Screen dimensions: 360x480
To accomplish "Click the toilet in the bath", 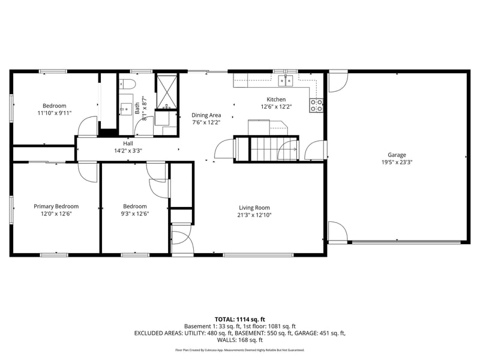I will (130, 83).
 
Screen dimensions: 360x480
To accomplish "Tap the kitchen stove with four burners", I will (316, 106).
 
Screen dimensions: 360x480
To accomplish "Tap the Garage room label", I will (397, 154).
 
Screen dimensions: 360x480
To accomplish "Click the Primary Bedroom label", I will (56, 206).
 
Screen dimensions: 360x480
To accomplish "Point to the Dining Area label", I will (206, 115).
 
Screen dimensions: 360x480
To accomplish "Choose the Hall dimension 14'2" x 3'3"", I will (128, 151).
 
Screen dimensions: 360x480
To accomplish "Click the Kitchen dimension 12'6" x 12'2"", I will (276, 107).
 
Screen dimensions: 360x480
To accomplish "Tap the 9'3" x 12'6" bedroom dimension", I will (134, 214).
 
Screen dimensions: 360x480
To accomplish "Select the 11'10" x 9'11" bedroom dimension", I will (54, 112).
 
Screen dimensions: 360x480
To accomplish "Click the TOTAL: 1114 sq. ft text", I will (239, 319).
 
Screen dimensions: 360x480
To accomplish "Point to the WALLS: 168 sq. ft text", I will (239, 340).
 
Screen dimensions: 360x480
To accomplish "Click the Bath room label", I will (137, 108).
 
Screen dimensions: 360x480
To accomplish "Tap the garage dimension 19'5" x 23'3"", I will (397, 162).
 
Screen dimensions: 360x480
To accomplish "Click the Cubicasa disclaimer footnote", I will (239, 350).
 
